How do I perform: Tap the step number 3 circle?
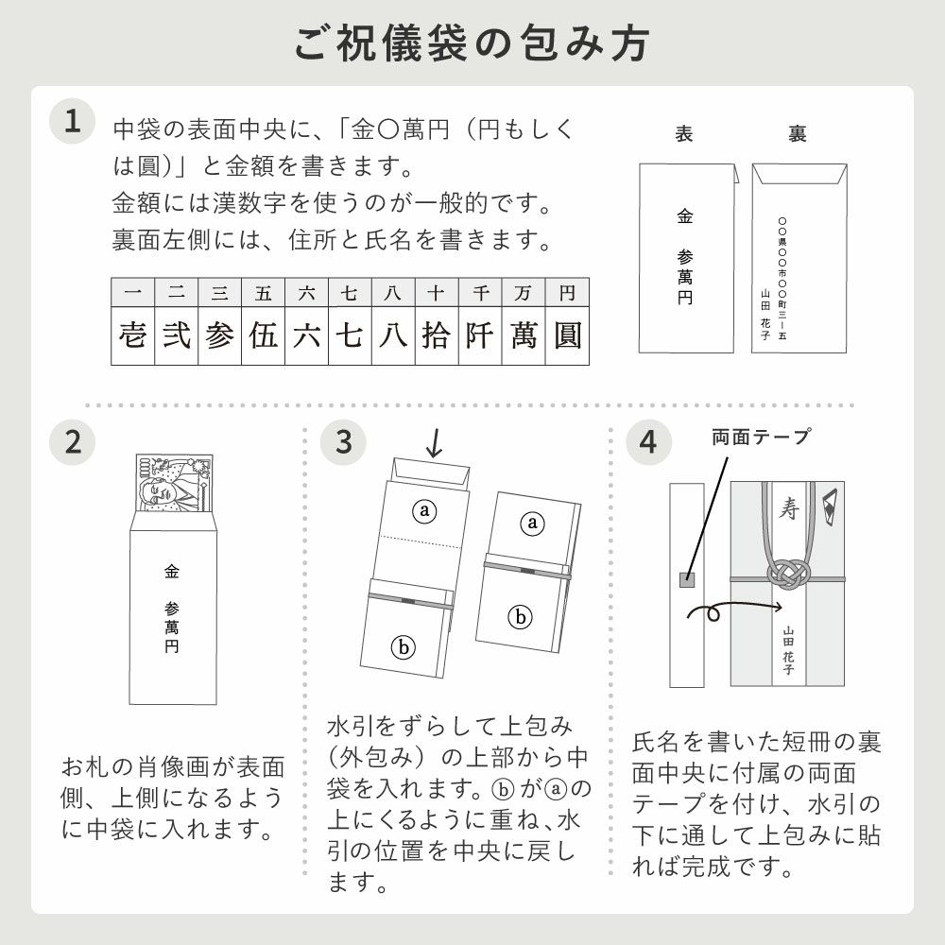coord(343,441)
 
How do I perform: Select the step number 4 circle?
coord(648,441)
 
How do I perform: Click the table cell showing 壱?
coord(133,335)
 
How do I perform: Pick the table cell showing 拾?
coord(437,335)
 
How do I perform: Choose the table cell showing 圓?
coord(567,335)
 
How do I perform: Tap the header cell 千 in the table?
coord(480,294)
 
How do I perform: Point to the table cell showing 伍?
coord(264,335)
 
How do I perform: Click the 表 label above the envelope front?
coord(684,134)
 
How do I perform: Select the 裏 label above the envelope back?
coord(797,134)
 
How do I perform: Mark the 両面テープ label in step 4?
coord(761,437)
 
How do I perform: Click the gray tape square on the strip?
coord(687,579)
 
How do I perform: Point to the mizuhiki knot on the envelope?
coord(787,570)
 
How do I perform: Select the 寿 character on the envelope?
coord(787,509)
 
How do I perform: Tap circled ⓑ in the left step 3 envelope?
coord(404,647)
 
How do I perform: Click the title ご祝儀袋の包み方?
coord(472,43)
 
